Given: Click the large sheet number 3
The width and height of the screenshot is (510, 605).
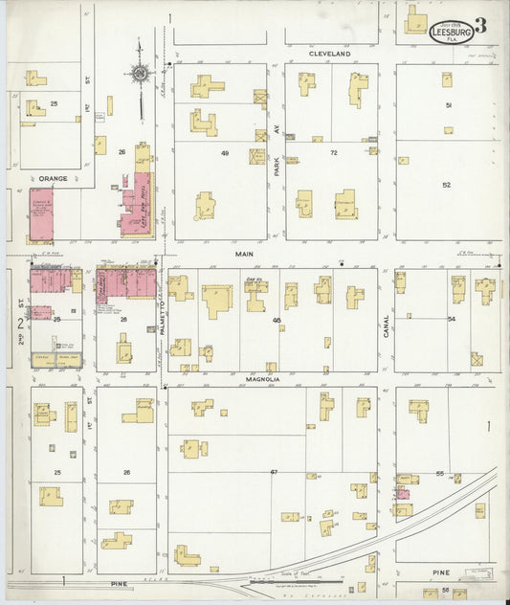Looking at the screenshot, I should pyautogui.click(x=479, y=27).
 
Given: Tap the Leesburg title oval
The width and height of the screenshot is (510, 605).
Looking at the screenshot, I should pyautogui.click(x=450, y=32).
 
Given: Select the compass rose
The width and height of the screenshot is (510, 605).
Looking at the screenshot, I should pyautogui.click(x=141, y=74).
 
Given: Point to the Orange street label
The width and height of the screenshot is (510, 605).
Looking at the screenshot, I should pyautogui.click(x=53, y=177).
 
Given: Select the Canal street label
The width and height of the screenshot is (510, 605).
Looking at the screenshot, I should pyautogui.click(x=387, y=326).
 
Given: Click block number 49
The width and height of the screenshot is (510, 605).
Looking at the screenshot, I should pyautogui.click(x=226, y=153).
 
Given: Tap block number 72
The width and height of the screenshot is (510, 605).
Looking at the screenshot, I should pyautogui.click(x=334, y=153).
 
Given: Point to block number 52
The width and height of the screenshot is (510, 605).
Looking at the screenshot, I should pyautogui.click(x=446, y=185).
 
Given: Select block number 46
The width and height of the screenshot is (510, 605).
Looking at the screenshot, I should pyautogui.click(x=277, y=320).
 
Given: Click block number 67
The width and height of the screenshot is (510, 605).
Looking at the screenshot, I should pyautogui.click(x=273, y=472).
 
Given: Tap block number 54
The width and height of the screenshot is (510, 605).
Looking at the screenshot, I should pyautogui.click(x=451, y=318).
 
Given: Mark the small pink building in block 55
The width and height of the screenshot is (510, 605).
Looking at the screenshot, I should pyautogui.click(x=404, y=494).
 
